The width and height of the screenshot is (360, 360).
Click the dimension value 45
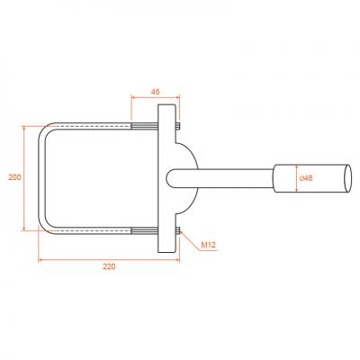(x=155, y=92)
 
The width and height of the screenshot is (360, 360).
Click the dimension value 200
(x=14, y=177)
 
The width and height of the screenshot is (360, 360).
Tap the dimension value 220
(x=109, y=266)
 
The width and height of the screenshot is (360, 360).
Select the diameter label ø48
(x=306, y=178)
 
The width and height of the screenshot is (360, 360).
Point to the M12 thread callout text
(x=208, y=245)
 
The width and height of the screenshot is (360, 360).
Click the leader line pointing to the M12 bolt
(x=190, y=240)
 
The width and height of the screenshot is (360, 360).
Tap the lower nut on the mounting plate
(x=178, y=230)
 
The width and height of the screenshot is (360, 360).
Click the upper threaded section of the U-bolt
(x=144, y=126)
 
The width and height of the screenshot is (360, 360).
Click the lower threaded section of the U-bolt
(x=144, y=230)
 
